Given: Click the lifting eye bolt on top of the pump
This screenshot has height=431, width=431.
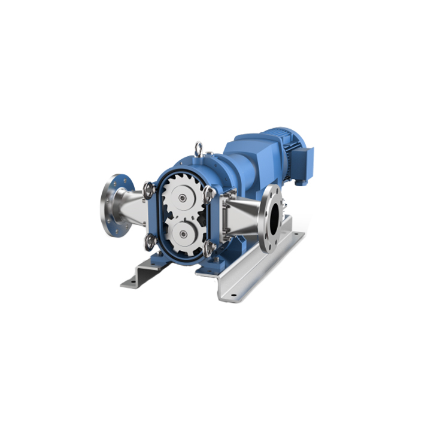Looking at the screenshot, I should pyautogui.click(x=198, y=148).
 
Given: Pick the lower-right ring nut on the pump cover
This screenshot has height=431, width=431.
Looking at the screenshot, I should pyautogui.click(x=208, y=247).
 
